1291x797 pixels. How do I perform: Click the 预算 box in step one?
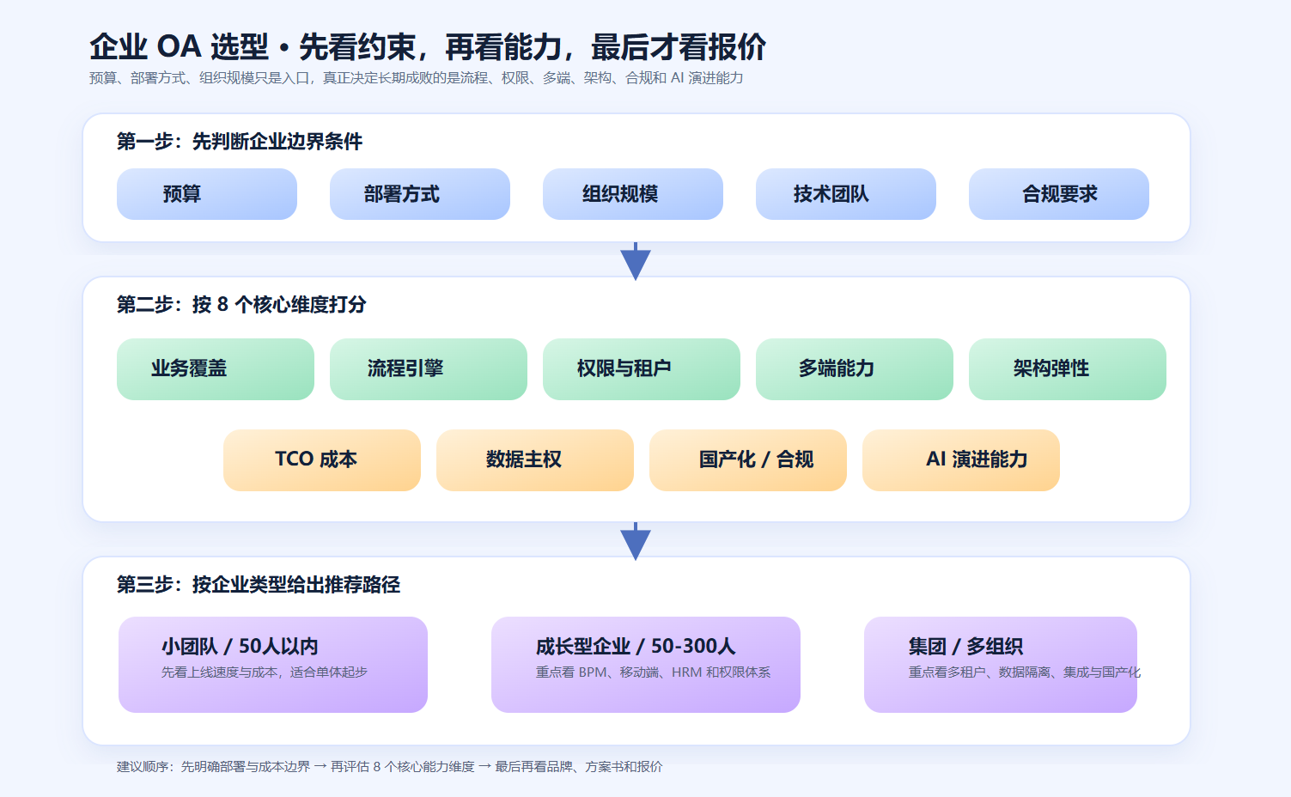pyautogui.click(x=207, y=194)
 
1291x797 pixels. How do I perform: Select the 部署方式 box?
pyautogui.click(x=420, y=194)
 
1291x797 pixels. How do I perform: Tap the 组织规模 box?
pyautogui.click(x=633, y=194)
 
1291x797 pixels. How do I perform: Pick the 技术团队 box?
pyautogui.click(x=846, y=194)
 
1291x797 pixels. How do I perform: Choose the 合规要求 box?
pyautogui.click(x=1059, y=194)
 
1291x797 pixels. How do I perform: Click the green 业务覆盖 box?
pyautogui.click(x=216, y=369)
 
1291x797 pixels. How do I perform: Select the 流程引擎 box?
pyautogui.click(x=429, y=369)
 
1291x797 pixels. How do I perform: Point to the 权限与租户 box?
pyautogui.click(x=642, y=369)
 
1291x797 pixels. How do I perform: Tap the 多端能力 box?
pyautogui.click(x=855, y=369)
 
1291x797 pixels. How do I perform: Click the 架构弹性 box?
pyautogui.click(x=1068, y=369)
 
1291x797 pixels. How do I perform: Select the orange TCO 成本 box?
pyautogui.click(x=322, y=460)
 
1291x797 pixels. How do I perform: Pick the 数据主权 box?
pyautogui.click(x=535, y=460)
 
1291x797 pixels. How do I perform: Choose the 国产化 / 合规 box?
pyautogui.click(x=748, y=460)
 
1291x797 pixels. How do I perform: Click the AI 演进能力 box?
pyautogui.click(x=961, y=460)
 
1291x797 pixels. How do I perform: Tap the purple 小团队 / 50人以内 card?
pyautogui.click(x=273, y=665)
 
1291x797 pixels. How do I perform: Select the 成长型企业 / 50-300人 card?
pyautogui.click(x=646, y=665)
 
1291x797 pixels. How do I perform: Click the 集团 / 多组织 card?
pyautogui.click(x=1001, y=665)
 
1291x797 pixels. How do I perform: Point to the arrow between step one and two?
pyautogui.click(x=636, y=262)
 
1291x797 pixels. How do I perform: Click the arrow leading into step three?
pyautogui.click(x=636, y=542)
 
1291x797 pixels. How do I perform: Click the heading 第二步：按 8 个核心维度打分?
pyautogui.click(x=241, y=305)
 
